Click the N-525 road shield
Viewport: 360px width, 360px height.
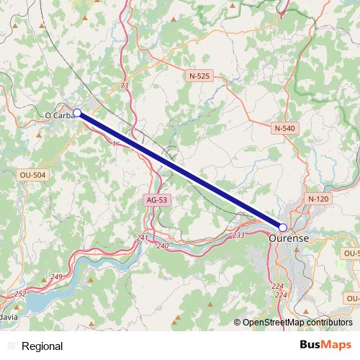[x=200, y=76]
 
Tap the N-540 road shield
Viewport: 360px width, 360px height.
[x=285, y=127]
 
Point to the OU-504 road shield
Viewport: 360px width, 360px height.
[x=33, y=175]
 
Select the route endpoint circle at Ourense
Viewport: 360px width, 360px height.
[x=282, y=227]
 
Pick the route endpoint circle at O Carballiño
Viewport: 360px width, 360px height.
[x=77, y=112]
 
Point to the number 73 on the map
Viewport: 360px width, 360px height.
[x=125, y=86]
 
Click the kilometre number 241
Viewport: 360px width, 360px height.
[x=142, y=238]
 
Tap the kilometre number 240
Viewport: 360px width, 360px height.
[x=162, y=246]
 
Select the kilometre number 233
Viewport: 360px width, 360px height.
[x=239, y=235]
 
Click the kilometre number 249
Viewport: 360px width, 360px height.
[x=57, y=277]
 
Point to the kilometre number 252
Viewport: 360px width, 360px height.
[x=20, y=293]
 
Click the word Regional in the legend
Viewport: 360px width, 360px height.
[x=42, y=346]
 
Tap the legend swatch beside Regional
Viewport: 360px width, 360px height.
[x=10, y=346]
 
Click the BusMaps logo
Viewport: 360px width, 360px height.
[x=326, y=345]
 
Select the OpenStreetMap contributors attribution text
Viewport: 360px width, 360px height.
[x=297, y=323]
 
